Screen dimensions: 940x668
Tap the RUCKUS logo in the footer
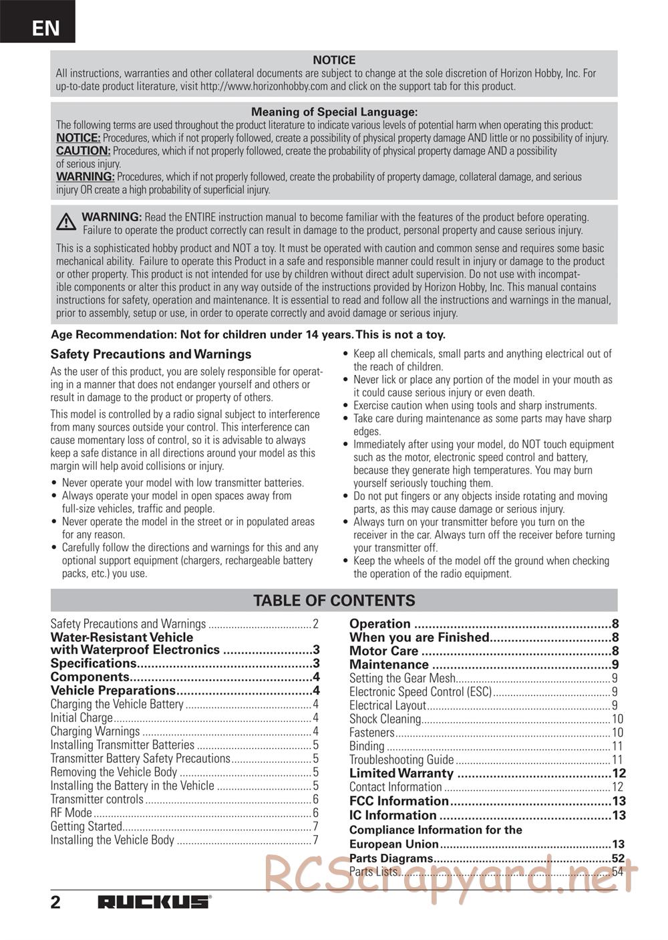154,902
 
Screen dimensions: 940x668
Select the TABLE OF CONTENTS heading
334,600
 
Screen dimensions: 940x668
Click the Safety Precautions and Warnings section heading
151,354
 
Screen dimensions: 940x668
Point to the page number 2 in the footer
55,902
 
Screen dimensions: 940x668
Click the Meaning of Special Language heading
334,112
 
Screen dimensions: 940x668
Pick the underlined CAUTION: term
83,151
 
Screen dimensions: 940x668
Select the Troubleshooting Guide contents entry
401,759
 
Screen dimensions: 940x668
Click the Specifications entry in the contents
94,664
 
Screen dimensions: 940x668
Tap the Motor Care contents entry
383,651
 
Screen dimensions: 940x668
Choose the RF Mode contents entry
71,813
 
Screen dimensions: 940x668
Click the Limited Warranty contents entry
401,774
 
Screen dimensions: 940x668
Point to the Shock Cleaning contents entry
385,719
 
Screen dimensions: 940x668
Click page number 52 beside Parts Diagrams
618,858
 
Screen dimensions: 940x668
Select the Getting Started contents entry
86,826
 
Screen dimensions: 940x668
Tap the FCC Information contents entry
399,801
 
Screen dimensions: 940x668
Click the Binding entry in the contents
367,746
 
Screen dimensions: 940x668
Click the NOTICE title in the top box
334,60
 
